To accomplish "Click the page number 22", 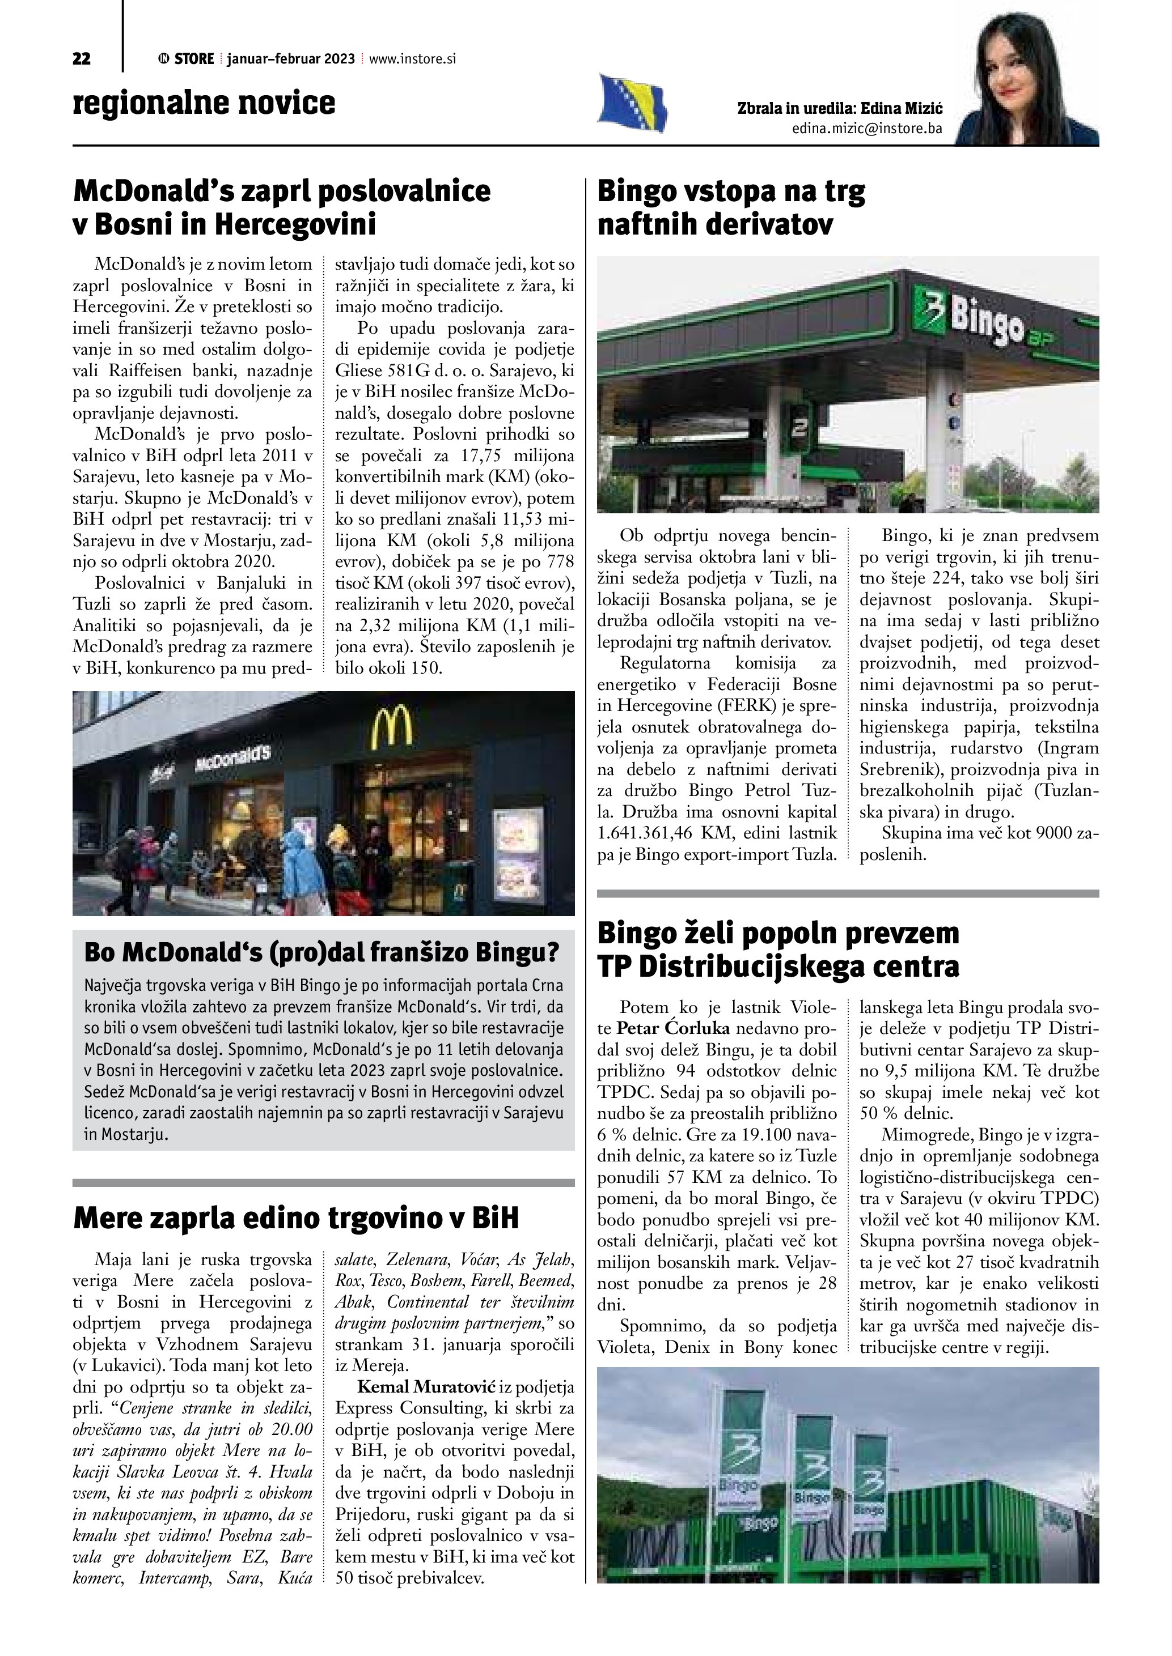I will point(82,59).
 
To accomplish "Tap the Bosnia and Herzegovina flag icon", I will point(632,103).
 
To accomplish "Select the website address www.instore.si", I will point(412,59).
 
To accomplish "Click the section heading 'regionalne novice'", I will point(204,103).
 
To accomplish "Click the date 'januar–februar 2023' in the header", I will point(290,59).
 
